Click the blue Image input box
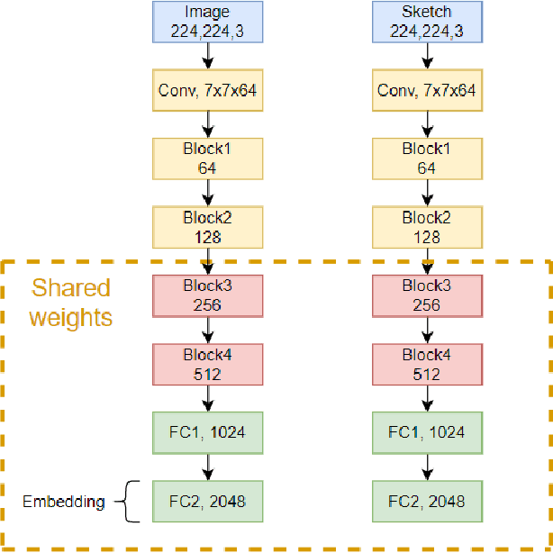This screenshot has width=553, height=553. (207, 22)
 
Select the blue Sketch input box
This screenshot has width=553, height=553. (426, 22)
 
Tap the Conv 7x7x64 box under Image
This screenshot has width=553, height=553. (207, 90)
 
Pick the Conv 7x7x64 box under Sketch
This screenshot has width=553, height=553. (426, 90)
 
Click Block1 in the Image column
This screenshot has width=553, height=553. (207, 158)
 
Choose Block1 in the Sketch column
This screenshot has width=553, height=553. (426, 158)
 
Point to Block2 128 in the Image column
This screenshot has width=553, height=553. (207, 226)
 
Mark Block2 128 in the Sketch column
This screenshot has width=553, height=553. (426, 226)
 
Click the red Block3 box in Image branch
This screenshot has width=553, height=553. (207, 295)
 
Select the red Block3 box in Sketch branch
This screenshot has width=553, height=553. (426, 295)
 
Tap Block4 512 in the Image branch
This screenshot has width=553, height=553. (207, 363)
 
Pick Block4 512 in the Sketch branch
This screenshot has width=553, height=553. (426, 363)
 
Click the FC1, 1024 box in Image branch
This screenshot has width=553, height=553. (207, 431)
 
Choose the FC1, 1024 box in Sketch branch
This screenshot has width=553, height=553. (426, 431)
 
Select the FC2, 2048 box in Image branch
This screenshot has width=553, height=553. (207, 500)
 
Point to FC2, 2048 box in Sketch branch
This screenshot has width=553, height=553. (426, 500)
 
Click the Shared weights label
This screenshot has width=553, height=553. (71, 303)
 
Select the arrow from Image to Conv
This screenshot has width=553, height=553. (208, 56)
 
